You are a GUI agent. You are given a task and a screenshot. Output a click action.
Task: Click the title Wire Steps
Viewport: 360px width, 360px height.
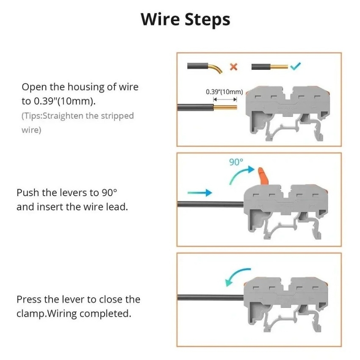point(185,20)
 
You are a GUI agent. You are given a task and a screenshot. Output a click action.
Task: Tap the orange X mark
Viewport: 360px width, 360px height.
point(233,66)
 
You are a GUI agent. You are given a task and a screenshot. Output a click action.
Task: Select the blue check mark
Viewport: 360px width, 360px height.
point(296,66)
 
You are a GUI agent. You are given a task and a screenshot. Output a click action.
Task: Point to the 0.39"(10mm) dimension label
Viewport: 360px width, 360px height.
point(224,91)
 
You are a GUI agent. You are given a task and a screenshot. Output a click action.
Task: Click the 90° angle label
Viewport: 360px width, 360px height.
point(236,162)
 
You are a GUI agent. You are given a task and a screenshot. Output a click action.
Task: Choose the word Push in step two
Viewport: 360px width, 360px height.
point(28,193)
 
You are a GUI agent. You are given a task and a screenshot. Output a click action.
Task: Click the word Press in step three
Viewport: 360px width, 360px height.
point(29,299)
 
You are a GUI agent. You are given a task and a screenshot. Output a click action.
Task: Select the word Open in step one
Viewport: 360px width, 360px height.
point(33,87)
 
